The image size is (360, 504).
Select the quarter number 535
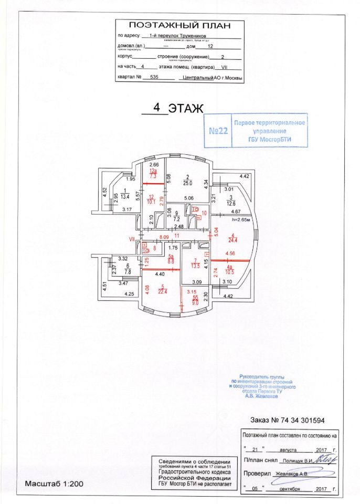point(154,77)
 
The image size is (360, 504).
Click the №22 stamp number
point(218,131)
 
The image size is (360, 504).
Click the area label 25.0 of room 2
point(186,183)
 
